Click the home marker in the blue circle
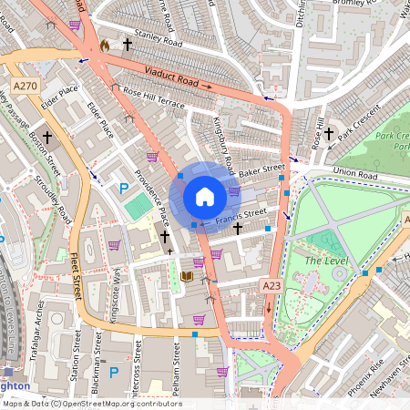point(205,197)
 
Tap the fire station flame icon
point(105,44)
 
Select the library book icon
point(187,276)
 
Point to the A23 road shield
point(272,286)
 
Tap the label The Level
point(326,261)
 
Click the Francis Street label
point(241,216)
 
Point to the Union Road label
point(354,172)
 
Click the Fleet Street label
point(77,272)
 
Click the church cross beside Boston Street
point(46,137)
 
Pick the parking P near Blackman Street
point(114,373)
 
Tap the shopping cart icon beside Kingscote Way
point(115,244)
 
